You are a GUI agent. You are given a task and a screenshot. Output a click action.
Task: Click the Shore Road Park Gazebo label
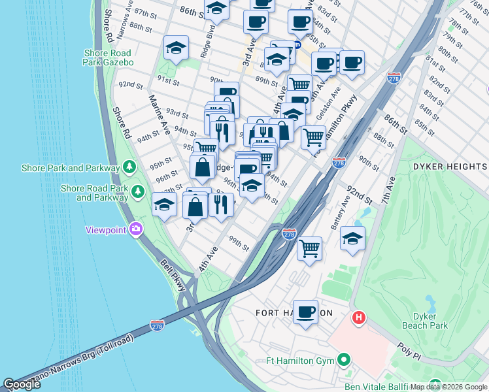(x=108, y=57)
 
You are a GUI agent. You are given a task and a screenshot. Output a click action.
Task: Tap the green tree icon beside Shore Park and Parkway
(x=129, y=168)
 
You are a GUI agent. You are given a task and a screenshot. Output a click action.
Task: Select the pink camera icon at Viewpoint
(x=136, y=229)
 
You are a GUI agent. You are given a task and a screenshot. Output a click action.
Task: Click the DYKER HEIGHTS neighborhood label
(x=450, y=167)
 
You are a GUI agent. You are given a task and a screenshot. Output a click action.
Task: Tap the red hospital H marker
(x=358, y=318)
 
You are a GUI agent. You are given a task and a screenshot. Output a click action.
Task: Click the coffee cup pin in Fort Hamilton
(x=305, y=312)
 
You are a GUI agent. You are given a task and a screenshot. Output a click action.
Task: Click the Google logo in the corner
(x=22, y=384)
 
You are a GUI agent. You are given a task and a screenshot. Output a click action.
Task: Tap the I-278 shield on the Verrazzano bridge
(x=157, y=325)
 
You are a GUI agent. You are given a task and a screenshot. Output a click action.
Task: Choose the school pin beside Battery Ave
(x=352, y=238)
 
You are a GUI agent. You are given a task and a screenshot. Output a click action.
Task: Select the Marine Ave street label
(x=160, y=115)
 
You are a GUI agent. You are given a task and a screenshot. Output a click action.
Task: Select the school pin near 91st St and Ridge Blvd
(x=176, y=48)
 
